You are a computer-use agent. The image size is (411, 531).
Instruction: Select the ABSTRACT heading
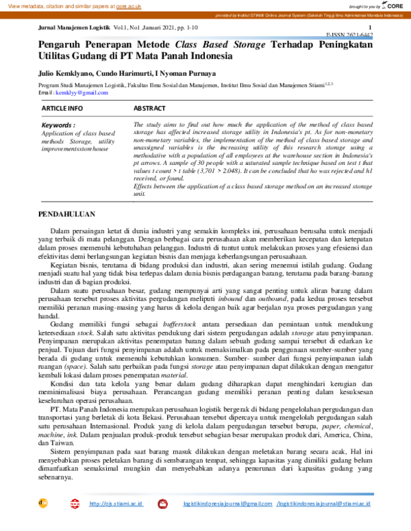point(149,108)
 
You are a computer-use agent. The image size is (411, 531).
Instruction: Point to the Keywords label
point(58,126)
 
